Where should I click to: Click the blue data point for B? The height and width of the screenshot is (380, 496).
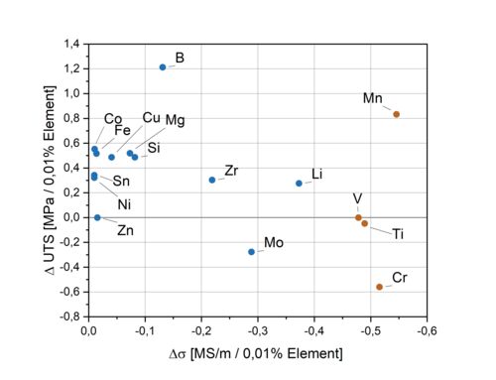[163, 67]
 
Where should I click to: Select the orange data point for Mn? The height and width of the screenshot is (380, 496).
[396, 114]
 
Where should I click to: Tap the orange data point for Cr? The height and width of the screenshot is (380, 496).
[379, 287]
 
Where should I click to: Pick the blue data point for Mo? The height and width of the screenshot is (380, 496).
[252, 252]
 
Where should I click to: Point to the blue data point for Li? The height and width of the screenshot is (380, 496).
[299, 184]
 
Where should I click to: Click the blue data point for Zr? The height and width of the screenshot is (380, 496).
[212, 180]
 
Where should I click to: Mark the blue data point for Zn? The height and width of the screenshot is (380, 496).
[97, 217]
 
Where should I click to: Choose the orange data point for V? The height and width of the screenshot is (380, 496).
[358, 217]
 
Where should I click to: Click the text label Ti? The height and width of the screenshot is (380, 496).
[398, 234]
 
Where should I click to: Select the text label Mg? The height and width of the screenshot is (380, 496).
[175, 121]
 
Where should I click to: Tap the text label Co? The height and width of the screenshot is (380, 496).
[113, 119]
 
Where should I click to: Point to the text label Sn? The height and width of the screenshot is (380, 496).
[121, 181]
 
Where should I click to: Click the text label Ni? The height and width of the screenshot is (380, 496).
[125, 204]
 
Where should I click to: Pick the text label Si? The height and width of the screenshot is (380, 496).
[154, 149]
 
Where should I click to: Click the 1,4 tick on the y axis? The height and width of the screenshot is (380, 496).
[71, 44]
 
